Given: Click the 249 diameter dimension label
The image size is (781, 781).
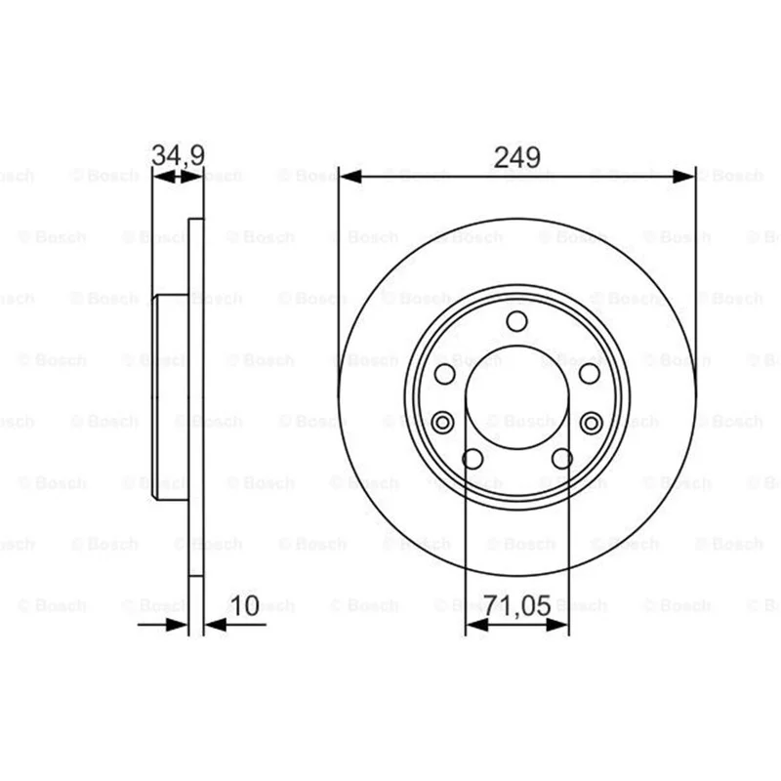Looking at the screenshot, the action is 517,157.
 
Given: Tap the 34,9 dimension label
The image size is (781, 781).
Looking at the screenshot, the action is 178,155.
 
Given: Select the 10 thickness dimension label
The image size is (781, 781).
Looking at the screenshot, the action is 245,605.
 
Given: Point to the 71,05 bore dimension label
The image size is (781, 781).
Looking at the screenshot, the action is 518,605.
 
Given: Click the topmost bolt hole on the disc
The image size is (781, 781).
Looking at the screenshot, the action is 517,321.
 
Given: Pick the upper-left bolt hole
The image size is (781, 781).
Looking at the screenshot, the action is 445,374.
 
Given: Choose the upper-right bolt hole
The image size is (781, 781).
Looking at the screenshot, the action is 590,374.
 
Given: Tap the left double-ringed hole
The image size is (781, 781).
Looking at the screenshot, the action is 442,423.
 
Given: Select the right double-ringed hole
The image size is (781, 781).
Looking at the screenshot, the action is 592,424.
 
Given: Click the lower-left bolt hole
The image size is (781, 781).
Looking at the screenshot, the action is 473,459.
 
